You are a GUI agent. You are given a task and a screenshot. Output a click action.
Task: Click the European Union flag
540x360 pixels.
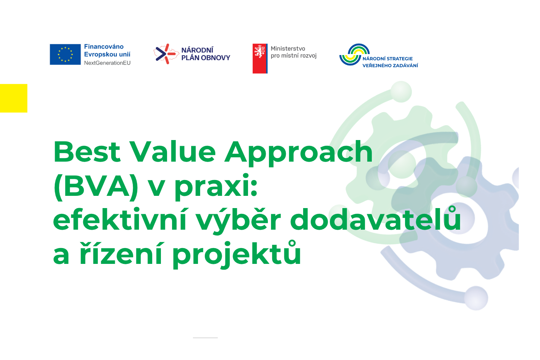tap(65, 54)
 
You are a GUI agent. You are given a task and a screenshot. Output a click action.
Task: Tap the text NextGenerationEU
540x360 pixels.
tap(107, 63)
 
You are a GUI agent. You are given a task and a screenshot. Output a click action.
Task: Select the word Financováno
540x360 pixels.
tap(104, 46)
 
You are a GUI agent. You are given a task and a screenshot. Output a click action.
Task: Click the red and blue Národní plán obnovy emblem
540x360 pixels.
tap(166, 54)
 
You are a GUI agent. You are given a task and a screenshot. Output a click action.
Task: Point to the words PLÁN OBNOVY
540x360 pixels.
tap(206, 58)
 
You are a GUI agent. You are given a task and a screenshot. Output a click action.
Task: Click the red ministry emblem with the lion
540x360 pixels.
tap(260, 58)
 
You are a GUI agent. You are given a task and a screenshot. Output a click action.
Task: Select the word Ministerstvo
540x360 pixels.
tap(288, 49)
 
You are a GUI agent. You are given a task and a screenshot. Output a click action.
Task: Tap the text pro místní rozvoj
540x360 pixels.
tap(294, 56)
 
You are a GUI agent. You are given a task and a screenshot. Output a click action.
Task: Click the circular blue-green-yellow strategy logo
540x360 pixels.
tap(354, 54)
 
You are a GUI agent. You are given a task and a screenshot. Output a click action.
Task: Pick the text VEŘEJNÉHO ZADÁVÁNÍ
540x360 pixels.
tap(390, 66)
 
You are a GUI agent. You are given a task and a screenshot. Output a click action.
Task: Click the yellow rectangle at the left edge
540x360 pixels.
tap(14, 98)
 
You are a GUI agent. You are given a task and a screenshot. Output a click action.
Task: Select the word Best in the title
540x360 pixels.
tap(87, 152)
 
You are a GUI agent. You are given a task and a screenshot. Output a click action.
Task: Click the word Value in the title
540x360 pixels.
tap(172, 152)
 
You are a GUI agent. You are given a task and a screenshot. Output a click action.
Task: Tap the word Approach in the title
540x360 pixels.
tap(298, 153)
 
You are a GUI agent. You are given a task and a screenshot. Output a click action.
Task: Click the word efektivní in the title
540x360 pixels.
tap(120, 219)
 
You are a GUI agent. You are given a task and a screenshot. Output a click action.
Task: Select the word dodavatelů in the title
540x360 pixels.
tap(375, 218)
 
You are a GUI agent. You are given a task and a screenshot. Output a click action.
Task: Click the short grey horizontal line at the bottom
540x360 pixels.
tap(205, 338)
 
